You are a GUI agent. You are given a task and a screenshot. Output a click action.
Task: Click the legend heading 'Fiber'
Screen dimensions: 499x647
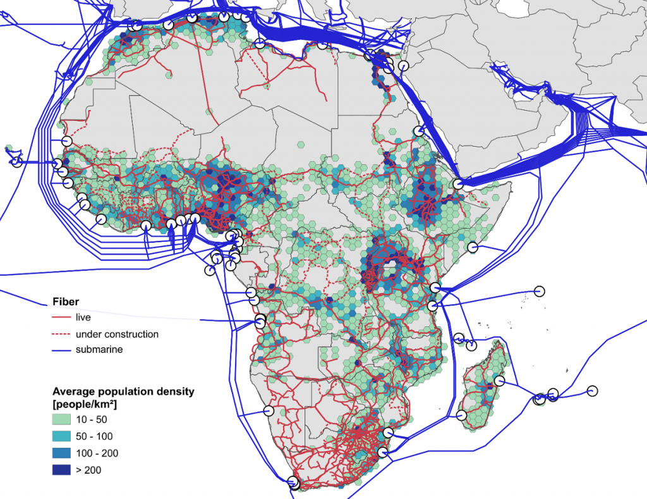pos(66,302)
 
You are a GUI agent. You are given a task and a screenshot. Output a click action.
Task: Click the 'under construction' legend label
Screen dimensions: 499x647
pos(117,334)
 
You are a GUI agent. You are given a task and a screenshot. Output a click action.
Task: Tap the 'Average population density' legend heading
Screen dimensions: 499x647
pos(123,391)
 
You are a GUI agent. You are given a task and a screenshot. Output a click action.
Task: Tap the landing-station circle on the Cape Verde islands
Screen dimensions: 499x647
pos(17,162)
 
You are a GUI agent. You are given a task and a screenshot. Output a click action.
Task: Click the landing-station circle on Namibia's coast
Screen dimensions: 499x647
pos(269,410)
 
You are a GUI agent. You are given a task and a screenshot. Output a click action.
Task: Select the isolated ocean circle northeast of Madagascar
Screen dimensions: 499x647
pos(539,290)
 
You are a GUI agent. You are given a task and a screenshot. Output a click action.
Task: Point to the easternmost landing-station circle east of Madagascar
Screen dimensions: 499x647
pos(592,390)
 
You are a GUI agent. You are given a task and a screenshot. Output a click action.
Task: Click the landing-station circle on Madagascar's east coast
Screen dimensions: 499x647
pos(500,381)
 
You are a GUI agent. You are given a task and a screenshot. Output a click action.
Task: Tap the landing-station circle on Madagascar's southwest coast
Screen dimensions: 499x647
pos(461,415)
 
